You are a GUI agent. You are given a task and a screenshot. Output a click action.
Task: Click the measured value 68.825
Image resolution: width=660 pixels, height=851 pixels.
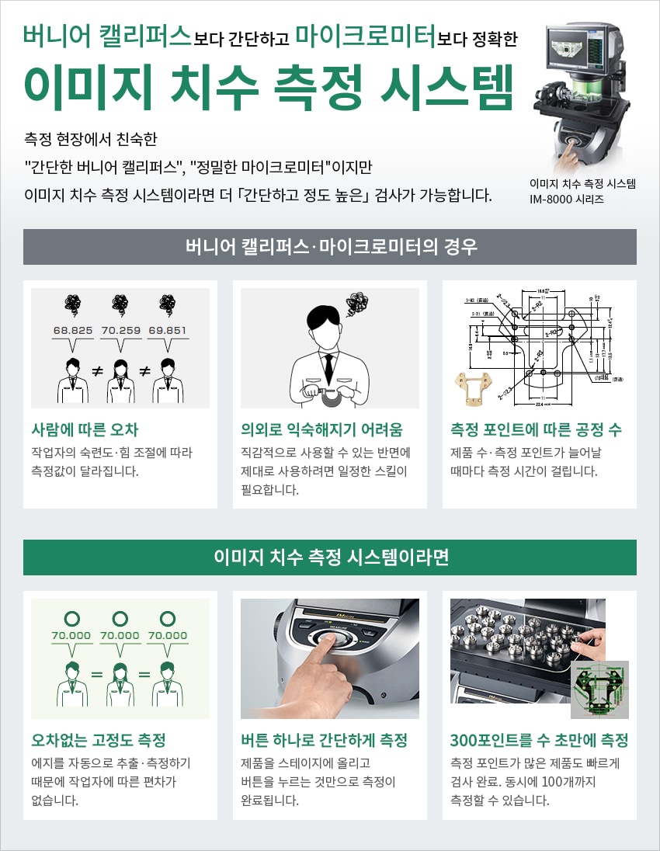(x=73, y=330)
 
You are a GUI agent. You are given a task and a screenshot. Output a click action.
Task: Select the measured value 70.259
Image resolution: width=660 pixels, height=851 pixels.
(x=120, y=330)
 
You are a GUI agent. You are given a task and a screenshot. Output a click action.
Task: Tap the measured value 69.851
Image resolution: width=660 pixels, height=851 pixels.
(x=167, y=330)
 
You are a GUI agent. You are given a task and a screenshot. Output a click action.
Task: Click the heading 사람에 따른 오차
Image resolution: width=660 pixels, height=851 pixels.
(x=85, y=429)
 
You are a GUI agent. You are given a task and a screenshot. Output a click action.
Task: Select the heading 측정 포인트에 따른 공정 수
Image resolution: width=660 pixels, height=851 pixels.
(x=536, y=429)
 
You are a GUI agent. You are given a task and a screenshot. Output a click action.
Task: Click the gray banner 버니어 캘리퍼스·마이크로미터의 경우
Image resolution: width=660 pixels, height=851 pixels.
(x=330, y=247)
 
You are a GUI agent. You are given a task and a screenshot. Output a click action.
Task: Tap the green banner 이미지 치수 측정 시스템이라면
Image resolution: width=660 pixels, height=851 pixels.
(x=330, y=557)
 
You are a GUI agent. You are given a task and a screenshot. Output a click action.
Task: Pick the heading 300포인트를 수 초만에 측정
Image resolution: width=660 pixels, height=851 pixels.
(x=539, y=740)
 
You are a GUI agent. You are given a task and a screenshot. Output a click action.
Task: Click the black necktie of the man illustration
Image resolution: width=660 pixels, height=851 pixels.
(x=329, y=364)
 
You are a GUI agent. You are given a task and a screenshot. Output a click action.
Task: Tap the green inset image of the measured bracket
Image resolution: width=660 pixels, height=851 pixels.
(x=599, y=689)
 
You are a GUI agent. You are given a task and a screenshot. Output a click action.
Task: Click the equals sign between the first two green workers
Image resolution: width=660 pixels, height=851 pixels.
(x=97, y=674)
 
